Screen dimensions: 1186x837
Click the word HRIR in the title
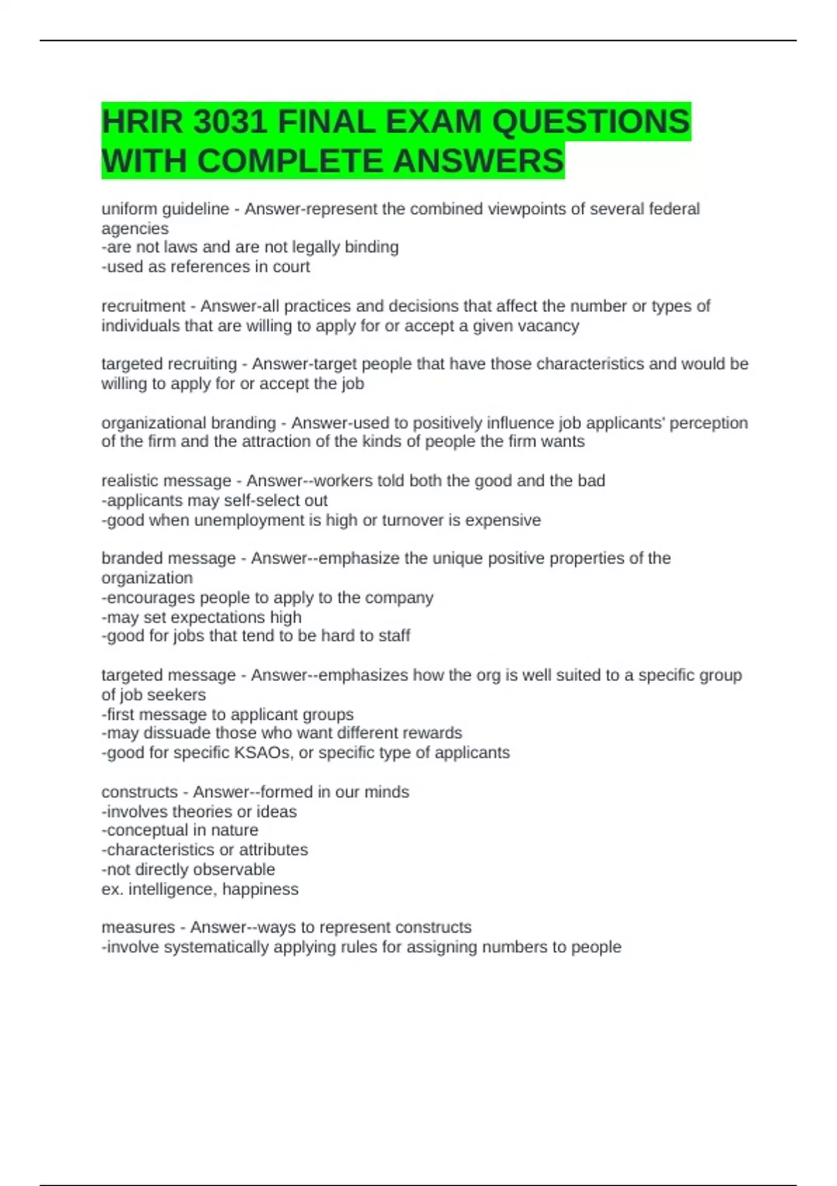coord(142,123)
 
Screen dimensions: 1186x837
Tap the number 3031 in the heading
coord(229,123)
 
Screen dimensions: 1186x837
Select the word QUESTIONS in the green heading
coord(591,123)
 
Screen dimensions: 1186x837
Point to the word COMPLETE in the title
coord(292,161)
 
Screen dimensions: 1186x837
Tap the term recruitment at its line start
coord(143,306)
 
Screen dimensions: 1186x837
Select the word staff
coord(394,636)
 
